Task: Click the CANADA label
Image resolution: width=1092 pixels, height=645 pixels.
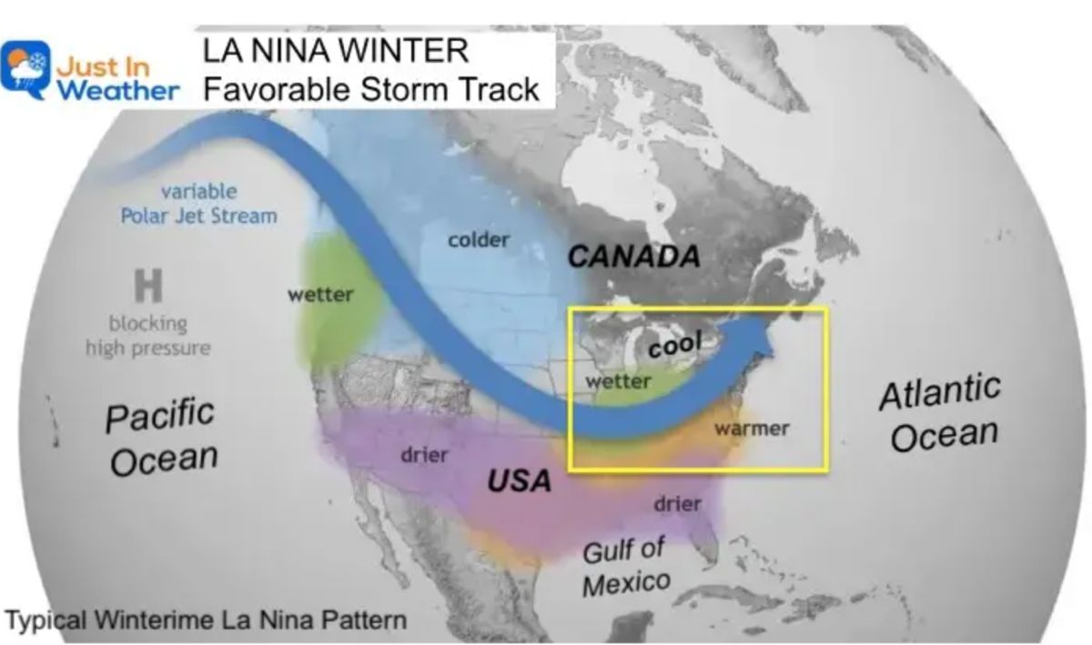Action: [634, 257]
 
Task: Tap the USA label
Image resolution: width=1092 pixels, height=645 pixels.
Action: [519, 479]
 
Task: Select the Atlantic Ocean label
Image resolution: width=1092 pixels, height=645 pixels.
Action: [942, 414]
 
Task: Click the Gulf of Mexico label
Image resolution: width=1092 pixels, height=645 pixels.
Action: [625, 566]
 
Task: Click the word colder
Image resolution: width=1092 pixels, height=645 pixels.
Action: [479, 240]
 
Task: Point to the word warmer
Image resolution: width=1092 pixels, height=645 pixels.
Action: [752, 428]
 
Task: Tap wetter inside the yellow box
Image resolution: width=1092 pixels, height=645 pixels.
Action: [618, 380]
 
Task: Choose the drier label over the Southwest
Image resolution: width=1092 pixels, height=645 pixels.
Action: [424, 452]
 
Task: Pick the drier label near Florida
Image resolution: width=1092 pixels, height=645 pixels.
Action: [677, 503]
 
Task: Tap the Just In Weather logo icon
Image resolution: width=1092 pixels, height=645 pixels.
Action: [25, 70]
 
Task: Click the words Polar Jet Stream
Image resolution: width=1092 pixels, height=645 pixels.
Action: [198, 216]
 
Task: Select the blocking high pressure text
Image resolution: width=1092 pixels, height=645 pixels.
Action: [147, 336]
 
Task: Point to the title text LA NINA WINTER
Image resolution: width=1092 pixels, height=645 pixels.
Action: [336, 50]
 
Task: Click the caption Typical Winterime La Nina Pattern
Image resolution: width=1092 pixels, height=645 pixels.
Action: [206, 621]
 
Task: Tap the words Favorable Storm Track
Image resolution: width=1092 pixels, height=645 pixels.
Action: [371, 89]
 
